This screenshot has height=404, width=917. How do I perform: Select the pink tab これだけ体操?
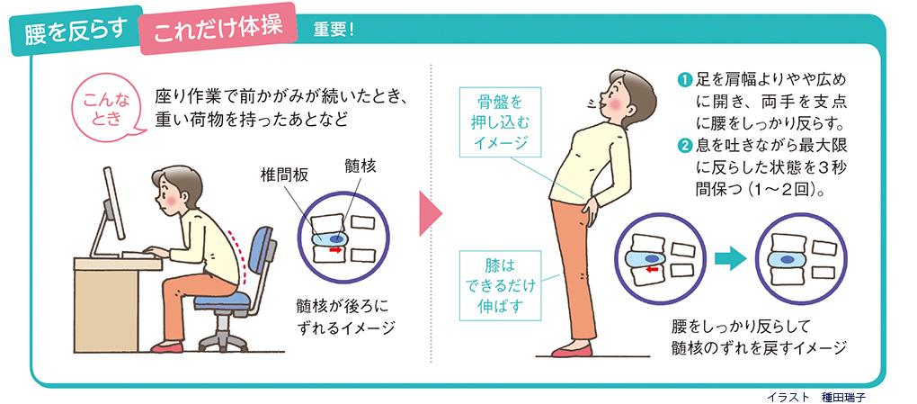pyautogui.click(x=218, y=28)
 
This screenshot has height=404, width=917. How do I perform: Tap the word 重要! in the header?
pyautogui.click(x=334, y=30)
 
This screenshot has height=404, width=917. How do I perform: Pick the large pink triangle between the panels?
pyautogui.click(x=431, y=213)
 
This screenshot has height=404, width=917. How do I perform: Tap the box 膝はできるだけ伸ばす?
pyautogui.click(x=499, y=286)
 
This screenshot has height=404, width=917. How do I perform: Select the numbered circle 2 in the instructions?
pyautogui.click(x=685, y=144)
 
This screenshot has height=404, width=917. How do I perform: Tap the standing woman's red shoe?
pyautogui.click(x=572, y=351)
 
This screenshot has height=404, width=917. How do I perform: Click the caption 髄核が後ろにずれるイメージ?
pyautogui.click(x=342, y=317)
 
